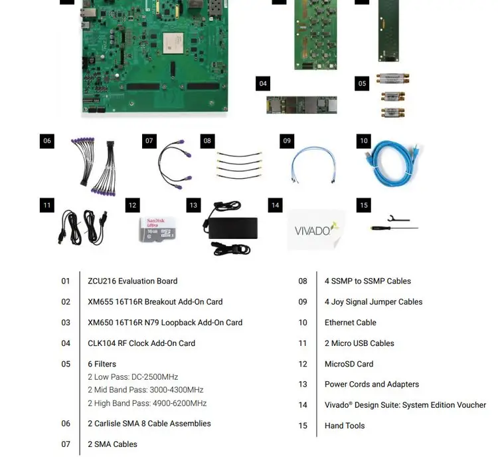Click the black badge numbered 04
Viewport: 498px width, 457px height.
tap(263, 84)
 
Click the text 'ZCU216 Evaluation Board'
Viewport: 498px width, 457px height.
tap(133, 281)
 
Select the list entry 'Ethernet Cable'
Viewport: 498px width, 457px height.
tap(350, 323)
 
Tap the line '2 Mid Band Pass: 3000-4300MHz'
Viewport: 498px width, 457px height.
tap(145, 390)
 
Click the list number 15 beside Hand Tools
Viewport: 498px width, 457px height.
tap(303, 426)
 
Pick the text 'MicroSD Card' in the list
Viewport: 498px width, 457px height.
tap(349, 364)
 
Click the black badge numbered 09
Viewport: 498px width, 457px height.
tap(287, 141)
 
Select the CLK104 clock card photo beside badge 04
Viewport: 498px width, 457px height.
tap(301, 104)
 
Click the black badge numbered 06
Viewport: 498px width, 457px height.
tap(46, 141)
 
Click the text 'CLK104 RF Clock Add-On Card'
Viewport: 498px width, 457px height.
tap(141, 343)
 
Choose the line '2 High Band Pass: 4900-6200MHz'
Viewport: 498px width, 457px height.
tap(147, 403)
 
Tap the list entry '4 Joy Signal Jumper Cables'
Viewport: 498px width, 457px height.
tap(373, 302)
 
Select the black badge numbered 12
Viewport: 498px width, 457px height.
tap(133, 206)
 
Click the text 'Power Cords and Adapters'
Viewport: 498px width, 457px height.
tap(372, 384)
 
